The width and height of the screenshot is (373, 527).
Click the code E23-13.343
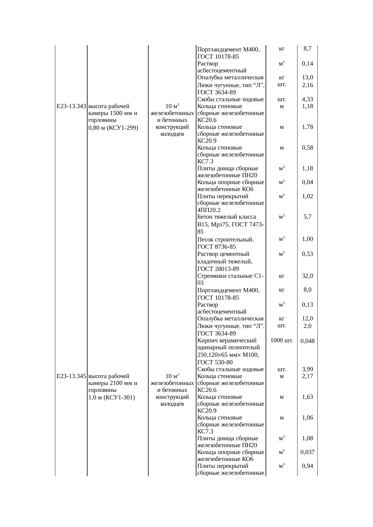pyautogui.click(x=71, y=106)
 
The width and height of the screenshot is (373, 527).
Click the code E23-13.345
pyautogui.click(x=71, y=376)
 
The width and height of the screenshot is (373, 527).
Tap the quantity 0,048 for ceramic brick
pyautogui.click(x=307, y=341)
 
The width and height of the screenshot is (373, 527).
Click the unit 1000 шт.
pyautogui.click(x=282, y=340)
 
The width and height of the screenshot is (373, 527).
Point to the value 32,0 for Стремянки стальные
pyautogui.click(x=307, y=276)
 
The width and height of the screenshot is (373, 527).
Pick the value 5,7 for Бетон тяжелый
pyautogui.click(x=307, y=217)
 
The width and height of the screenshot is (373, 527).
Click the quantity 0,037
pyautogui.click(x=307, y=452)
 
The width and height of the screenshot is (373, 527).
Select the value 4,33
pyautogui.click(x=307, y=99)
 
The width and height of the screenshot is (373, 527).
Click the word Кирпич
pyautogui.click(x=207, y=341)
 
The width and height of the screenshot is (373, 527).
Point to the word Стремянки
pyautogui.click(x=210, y=276)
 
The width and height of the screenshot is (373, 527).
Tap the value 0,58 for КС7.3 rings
pyautogui.click(x=307, y=148)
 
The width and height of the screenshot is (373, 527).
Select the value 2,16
pyautogui.click(x=307, y=85)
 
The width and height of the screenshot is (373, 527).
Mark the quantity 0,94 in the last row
pyautogui.click(x=307, y=466)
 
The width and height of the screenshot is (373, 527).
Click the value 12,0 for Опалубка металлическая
pyautogui.click(x=307, y=319)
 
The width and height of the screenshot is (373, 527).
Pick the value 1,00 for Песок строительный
pyautogui.click(x=307, y=239)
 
